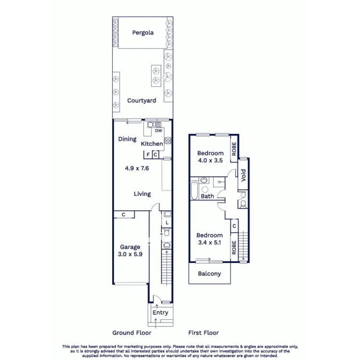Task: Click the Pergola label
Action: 143,33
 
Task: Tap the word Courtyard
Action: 142,101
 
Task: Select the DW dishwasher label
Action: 158,131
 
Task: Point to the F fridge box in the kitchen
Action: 148,154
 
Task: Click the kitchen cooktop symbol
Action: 168,141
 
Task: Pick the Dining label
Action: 127,139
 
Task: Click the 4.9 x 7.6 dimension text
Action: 137,168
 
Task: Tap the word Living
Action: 142,194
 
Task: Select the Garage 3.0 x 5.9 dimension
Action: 130,254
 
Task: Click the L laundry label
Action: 167,223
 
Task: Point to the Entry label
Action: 160,312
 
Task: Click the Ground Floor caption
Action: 132,333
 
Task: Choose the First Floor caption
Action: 204,333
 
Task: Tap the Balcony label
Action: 210,274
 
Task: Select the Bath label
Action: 207,196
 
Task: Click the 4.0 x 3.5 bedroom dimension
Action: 210,161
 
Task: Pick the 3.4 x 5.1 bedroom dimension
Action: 209,243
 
